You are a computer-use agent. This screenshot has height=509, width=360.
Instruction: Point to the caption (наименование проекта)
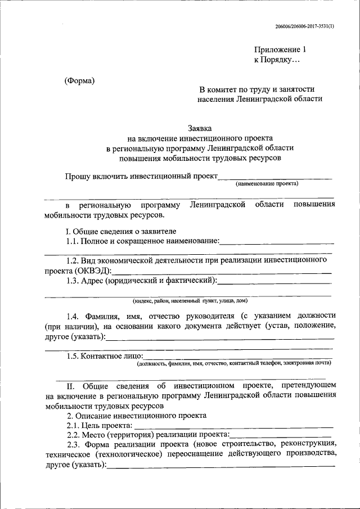coord(267,183)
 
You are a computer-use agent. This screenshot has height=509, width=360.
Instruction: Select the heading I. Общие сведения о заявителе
coord(121,231)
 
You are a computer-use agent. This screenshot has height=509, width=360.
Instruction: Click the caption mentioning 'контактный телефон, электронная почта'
coord(234,364)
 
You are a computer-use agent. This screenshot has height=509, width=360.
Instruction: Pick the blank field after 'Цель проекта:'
coord(233,427)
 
